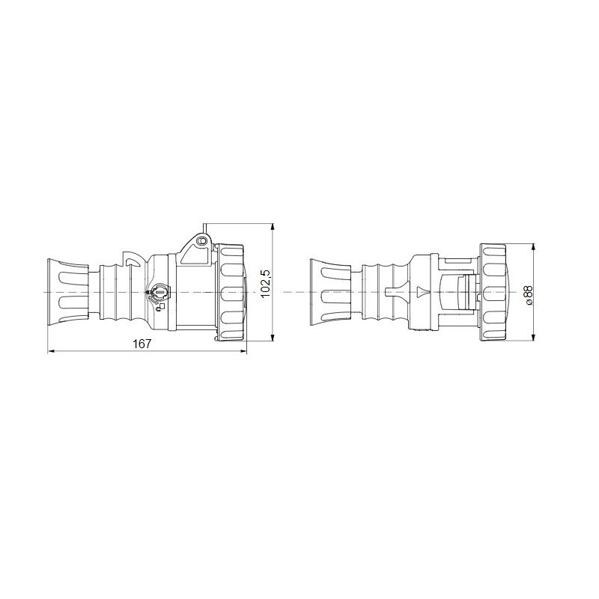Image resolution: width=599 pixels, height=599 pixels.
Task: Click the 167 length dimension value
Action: pos(142,344)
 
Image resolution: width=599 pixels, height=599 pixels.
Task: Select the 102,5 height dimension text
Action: pos(264,284)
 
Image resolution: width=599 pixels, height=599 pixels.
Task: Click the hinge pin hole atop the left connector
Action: pos(201,241)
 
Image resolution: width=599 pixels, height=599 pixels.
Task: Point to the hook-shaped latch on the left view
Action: pos(132,261)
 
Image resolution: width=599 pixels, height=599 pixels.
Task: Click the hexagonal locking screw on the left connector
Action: pos(159,291)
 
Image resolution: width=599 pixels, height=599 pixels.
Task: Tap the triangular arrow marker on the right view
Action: pos(420,291)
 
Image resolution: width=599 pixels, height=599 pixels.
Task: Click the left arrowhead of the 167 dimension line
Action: pos(51,352)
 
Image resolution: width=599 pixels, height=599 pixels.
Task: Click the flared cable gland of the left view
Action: pos(68,291)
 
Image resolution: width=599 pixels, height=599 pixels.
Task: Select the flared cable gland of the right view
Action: pos(330,291)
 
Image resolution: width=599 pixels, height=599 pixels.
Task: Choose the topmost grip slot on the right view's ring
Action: pos(493,250)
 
